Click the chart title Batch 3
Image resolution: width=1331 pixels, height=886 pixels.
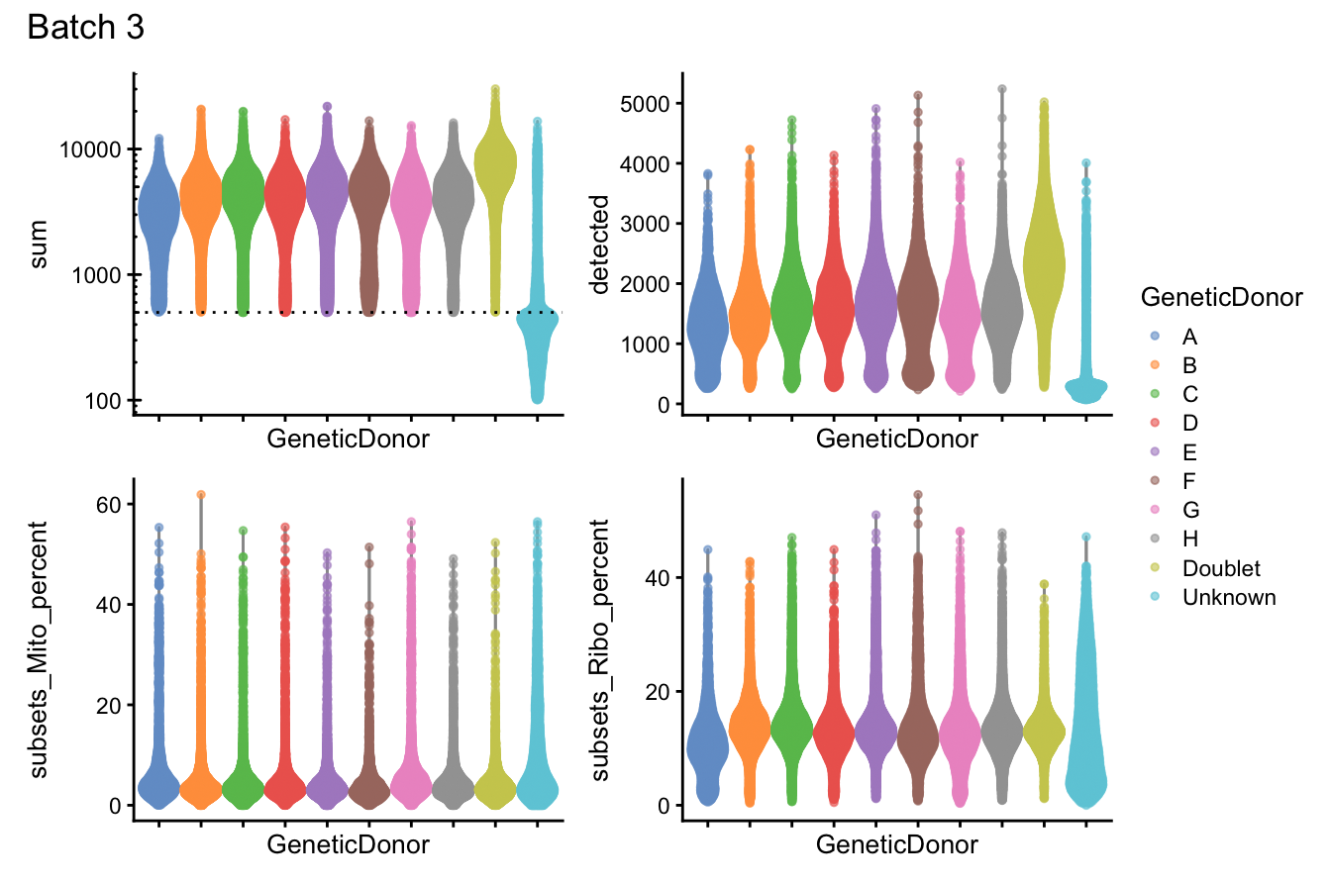86,28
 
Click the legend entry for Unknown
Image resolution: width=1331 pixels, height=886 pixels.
1228,597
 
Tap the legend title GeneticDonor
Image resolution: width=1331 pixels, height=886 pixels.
1220,297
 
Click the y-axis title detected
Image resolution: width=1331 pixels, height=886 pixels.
600,244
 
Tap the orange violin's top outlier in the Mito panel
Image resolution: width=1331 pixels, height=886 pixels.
201,494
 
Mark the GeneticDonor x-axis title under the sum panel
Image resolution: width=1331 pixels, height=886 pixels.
348,439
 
